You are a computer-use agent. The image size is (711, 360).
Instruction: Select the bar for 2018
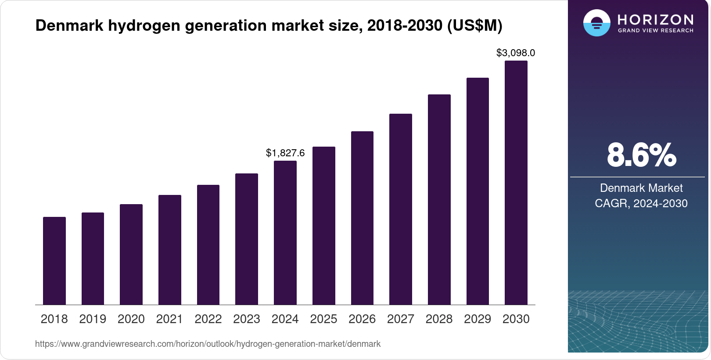pos(54,261)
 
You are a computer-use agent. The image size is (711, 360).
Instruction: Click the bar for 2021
pos(170,250)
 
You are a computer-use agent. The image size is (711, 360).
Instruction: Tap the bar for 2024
pos(285,233)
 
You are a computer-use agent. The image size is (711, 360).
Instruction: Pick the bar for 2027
pos(401,209)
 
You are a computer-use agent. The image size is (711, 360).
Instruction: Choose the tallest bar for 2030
pos(516,183)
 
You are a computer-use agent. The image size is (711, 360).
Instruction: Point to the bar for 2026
pos(362,218)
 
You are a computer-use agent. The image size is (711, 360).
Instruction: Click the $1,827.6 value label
pos(285,153)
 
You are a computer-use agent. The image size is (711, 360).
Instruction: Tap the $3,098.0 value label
pos(516,53)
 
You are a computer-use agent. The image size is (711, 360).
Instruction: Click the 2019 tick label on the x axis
pos(93,319)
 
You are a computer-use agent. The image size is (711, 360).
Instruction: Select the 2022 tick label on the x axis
pos(208,319)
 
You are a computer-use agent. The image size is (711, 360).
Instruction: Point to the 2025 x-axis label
pos(323,319)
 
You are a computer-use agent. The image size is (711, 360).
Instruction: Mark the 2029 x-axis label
pos(478,319)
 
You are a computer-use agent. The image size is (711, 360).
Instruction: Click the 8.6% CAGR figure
pos(641,155)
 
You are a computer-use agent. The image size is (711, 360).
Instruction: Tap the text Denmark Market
pos(641,188)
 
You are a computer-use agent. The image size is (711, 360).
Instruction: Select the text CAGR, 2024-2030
pos(641,203)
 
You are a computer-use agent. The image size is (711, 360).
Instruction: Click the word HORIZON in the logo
pos(656,20)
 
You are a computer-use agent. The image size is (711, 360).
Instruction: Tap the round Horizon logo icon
pos(596,23)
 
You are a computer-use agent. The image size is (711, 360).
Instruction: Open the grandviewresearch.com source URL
pos(208,344)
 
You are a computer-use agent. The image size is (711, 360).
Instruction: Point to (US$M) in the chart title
pos(474,25)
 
